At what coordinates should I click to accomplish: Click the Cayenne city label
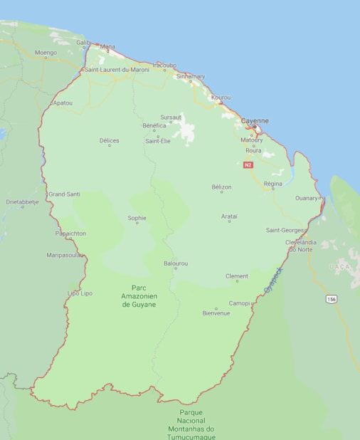[254, 121]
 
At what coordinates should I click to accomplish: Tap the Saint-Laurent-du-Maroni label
[117, 70]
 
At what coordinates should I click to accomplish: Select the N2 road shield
[248, 164]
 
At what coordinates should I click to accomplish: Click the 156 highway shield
[331, 299]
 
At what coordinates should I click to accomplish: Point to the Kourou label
[221, 97]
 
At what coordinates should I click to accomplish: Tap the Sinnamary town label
[190, 76]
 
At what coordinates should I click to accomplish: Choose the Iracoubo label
[164, 64]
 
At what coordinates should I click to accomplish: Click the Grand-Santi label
[65, 194]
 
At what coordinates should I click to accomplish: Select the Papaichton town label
[70, 233]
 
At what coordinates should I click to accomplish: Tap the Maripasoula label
[66, 254]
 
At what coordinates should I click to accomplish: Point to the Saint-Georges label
[284, 230]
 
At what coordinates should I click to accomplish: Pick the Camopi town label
[239, 303]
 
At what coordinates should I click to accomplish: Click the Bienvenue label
[216, 313]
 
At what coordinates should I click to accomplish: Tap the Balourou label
[176, 263]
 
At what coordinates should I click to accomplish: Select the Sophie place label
[137, 218]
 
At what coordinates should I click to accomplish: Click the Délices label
[109, 141]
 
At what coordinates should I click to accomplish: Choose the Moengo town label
[46, 53]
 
